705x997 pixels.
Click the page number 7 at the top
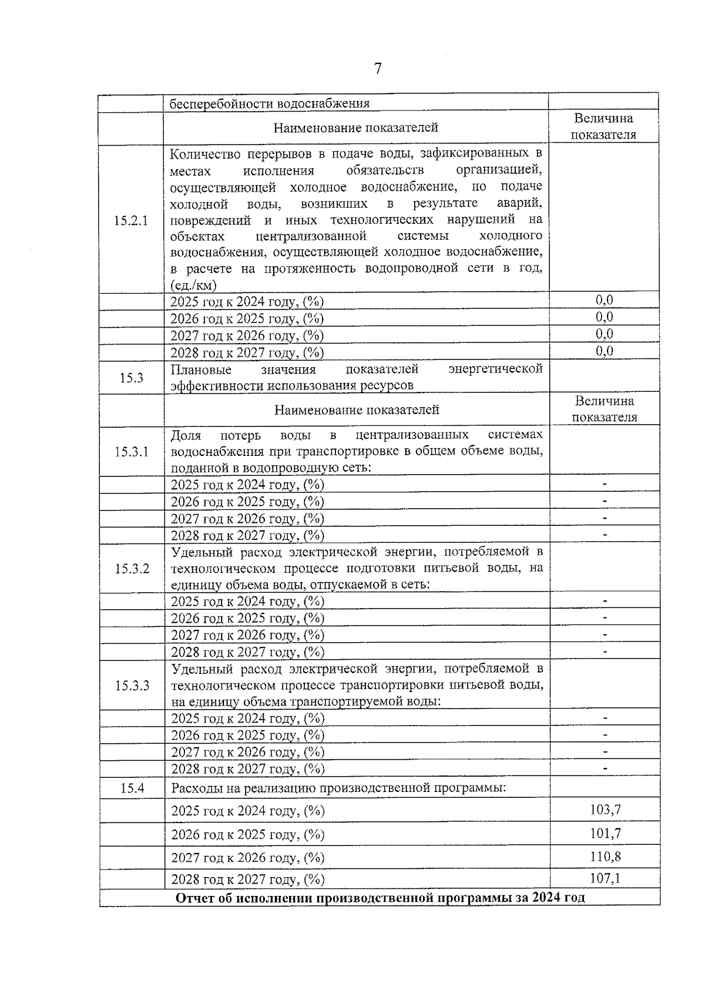(378, 69)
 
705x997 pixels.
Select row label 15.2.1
(131, 221)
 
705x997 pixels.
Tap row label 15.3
(132, 378)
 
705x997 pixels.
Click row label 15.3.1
(132, 452)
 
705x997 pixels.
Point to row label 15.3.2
(132, 569)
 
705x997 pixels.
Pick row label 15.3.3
(132, 686)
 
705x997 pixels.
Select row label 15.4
(132, 788)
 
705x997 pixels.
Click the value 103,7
(605, 810)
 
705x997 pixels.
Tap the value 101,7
(605, 834)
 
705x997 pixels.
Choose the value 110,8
(605, 857)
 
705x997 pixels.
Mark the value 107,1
(605, 879)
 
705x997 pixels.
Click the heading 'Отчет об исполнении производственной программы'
(380, 898)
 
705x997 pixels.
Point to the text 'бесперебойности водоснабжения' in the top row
(270, 104)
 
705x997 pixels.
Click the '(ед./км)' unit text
(193, 286)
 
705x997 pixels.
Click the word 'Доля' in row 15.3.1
(186, 435)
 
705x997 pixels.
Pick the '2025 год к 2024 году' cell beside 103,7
(247, 811)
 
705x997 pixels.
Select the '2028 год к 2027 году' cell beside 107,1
(247, 879)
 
